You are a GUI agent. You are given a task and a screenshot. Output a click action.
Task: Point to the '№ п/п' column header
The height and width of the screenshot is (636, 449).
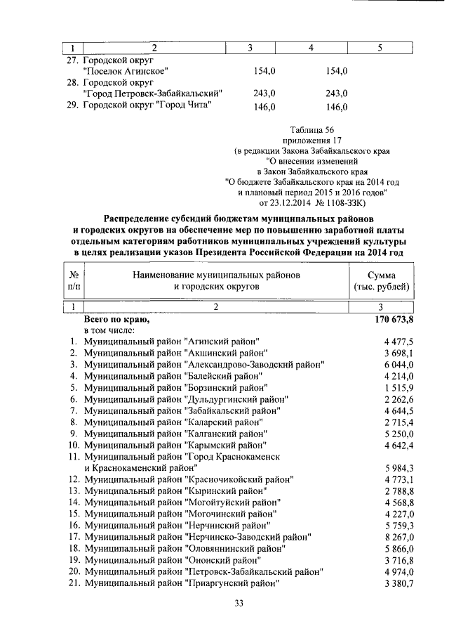point(74,281)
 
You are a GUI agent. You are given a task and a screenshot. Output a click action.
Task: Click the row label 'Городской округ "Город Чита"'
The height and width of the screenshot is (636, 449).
point(147,105)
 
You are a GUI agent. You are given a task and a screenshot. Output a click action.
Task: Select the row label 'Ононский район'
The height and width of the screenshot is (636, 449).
point(172,560)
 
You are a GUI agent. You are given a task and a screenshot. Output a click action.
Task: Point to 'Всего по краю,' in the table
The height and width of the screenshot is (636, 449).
point(116,319)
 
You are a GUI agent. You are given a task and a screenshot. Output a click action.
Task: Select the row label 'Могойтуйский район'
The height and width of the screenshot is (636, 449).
point(182,502)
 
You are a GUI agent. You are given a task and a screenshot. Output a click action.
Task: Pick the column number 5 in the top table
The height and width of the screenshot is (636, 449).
point(380,48)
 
